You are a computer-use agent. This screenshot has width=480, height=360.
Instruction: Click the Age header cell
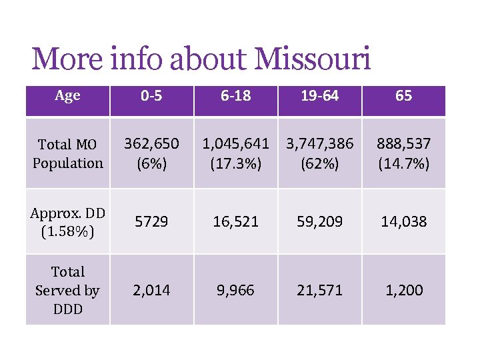[x=67, y=96]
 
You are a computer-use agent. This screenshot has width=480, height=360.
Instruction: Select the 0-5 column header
[x=151, y=96]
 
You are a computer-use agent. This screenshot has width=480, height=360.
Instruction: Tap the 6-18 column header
[x=235, y=96]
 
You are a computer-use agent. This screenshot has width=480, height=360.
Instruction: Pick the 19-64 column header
[x=320, y=96]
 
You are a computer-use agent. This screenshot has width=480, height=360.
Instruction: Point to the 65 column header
[x=403, y=96]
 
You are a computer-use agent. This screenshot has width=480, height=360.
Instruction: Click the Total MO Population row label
[x=67, y=153]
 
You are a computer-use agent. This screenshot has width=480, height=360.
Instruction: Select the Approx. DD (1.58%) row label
[x=67, y=221]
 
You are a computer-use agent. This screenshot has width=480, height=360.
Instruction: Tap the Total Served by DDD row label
[x=67, y=290]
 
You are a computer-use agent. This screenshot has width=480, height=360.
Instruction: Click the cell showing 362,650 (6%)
[x=151, y=153]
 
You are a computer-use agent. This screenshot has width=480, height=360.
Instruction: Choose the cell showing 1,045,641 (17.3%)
[x=235, y=153]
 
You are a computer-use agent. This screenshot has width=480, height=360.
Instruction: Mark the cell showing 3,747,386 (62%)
[x=320, y=153]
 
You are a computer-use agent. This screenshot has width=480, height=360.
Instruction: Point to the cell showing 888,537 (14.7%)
[x=403, y=153]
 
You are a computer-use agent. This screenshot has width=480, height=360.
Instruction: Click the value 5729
[x=151, y=221]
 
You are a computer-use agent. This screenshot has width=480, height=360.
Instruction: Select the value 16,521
[x=235, y=221]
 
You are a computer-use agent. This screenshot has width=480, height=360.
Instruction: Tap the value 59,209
[x=320, y=221]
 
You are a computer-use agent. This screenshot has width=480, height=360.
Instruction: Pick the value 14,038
[x=403, y=221]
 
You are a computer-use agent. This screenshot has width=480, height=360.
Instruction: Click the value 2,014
[x=151, y=290]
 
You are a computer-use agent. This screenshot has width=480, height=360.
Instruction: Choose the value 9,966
[x=235, y=290]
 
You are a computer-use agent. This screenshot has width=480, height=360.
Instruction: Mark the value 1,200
[x=403, y=290]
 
